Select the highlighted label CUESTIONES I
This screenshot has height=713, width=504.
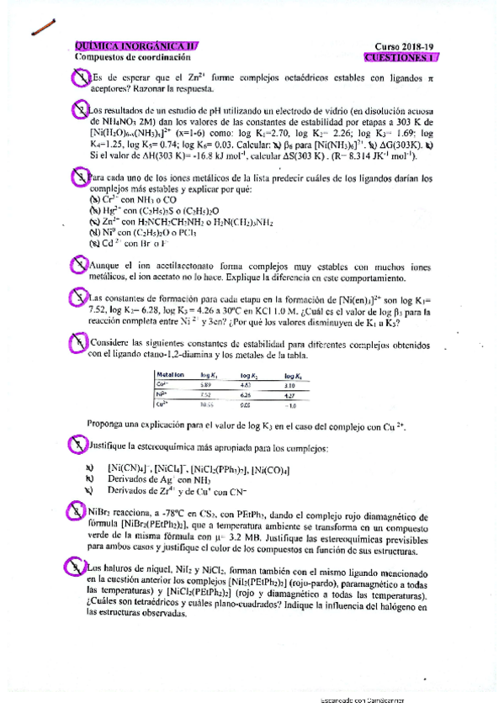tap(401, 58)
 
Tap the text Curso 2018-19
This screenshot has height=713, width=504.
tap(402, 47)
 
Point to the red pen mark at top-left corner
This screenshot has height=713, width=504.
tap(40, 29)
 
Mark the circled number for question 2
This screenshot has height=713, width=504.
tap(79, 111)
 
